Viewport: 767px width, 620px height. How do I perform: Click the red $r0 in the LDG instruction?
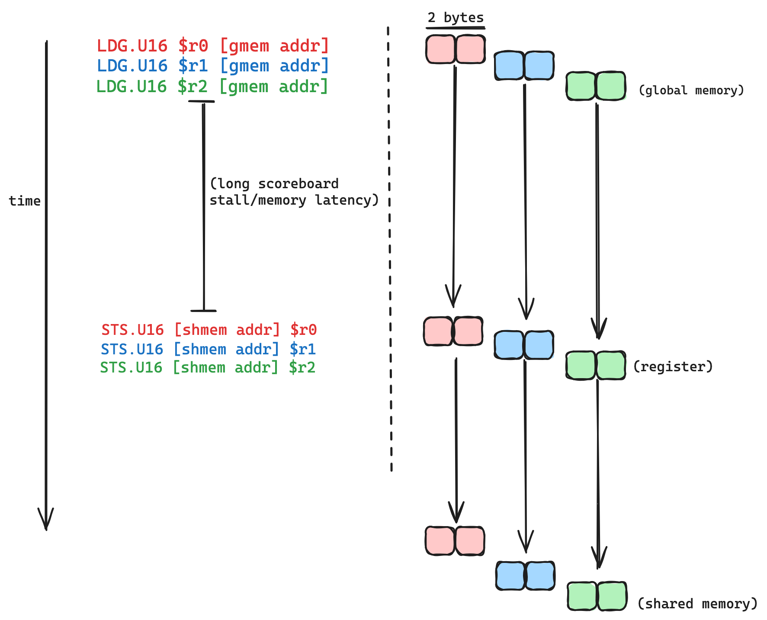click(193, 46)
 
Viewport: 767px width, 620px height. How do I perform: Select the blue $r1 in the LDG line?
click(193, 66)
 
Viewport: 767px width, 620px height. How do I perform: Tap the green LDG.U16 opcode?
click(131, 87)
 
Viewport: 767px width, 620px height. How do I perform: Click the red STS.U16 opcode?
click(132, 330)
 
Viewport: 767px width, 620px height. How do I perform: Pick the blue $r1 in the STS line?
click(303, 349)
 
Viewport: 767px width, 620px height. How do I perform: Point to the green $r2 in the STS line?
click(302, 368)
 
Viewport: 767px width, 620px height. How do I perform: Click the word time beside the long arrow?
click(25, 201)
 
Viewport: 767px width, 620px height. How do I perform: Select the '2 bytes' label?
click(455, 18)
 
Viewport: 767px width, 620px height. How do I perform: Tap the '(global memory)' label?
click(691, 90)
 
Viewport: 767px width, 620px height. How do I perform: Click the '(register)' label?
click(672, 367)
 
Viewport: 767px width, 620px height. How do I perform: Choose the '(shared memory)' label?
click(697, 604)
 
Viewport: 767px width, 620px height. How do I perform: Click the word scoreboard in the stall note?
click(298, 184)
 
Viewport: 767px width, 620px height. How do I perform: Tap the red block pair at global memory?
click(455, 49)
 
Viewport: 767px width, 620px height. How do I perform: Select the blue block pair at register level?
click(524, 345)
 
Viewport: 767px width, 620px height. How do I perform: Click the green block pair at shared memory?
click(597, 596)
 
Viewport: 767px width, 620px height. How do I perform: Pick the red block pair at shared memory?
click(455, 541)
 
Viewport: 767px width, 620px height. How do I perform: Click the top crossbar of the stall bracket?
click(202, 101)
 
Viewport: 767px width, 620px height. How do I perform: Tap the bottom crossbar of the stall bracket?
click(203, 311)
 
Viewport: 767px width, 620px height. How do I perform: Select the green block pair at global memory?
click(596, 86)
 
